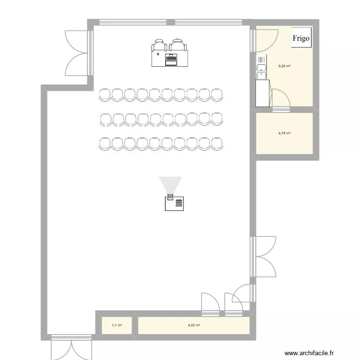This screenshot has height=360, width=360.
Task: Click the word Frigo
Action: pyautogui.click(x=301, y=38)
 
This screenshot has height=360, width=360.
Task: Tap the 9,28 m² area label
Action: pyautogui.click(x=285, y=66)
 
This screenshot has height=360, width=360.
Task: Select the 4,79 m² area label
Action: pyautogui.click(x=285, y=133)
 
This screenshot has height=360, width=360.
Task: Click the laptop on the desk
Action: pyautogui.click(x=171, y=60)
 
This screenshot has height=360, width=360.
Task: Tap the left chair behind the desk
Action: pyautogui.click(x=159, y=46)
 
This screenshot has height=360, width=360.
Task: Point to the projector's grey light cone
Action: pyautogui.click(x=170, y=185)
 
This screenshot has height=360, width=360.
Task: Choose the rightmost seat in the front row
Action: pyautogui.click(x=217, y=95)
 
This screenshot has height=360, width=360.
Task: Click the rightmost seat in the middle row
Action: pyautogui.click(x=217, y=119)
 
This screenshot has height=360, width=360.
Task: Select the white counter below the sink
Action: pyautogui.click(x=262, y=93)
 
